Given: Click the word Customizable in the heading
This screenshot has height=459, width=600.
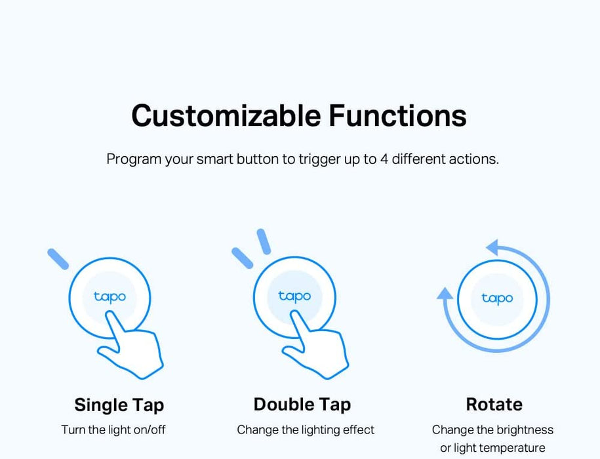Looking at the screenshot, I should point(226,115).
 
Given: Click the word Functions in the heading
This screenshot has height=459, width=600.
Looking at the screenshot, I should point(397,115).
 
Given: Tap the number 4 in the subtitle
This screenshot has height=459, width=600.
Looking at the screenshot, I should point(384,159).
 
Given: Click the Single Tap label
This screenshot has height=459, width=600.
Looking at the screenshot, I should point(119,404).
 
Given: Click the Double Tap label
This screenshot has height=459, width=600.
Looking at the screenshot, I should point(302,404).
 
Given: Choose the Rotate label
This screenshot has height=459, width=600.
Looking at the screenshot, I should point(494,404).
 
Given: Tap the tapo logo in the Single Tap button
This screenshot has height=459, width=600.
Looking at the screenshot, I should point(110,297).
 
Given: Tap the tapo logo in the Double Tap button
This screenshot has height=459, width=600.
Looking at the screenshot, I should point(294,296).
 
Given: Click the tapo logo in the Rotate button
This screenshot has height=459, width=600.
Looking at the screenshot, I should point(497,298).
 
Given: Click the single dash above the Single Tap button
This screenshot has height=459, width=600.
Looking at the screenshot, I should point(58,258).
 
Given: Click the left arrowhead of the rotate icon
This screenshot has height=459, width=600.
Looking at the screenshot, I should point(445,294).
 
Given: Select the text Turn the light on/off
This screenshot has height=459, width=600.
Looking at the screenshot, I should point(113,430).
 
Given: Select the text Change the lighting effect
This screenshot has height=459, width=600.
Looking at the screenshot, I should point(306,430).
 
